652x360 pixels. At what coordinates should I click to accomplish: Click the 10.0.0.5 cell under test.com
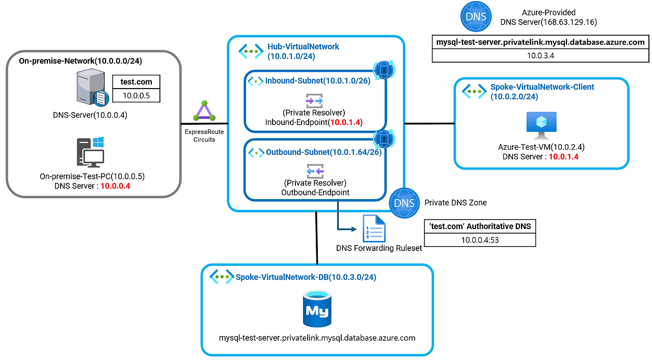coord(136,95)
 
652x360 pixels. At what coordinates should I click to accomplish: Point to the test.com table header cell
coord(136,81)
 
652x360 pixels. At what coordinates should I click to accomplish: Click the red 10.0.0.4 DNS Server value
coord(115,186)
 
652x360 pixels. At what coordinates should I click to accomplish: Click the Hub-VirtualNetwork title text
coord(303,47)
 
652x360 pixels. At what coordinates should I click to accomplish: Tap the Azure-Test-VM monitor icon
coord(541,125)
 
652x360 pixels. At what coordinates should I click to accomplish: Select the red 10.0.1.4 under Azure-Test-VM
coord(563,157)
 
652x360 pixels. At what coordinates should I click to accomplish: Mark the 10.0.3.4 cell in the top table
coord(540,56)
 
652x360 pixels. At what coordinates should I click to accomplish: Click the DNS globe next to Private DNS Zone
coord(404,203)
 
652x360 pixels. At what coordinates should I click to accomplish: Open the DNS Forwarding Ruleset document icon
coord(373,228)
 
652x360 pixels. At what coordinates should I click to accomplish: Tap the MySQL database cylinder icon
coord(316,309)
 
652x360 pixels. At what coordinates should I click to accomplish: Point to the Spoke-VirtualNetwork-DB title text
coord(306,277)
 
